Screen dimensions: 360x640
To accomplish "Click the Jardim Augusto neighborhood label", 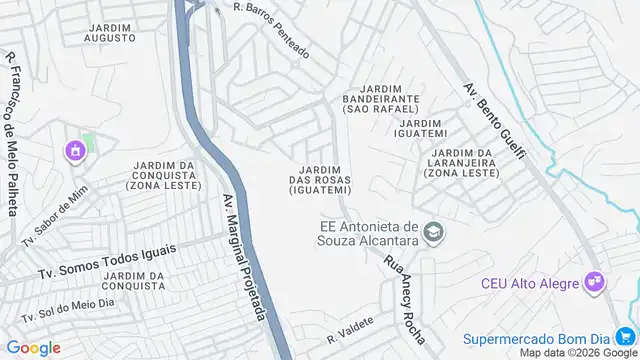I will click(x=110, y=31).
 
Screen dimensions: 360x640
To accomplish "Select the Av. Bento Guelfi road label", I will click(x=494, y=123).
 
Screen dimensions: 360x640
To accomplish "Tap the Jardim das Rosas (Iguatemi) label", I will click(x=320, y=179).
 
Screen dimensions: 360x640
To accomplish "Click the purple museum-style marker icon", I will click(x=73, y=152).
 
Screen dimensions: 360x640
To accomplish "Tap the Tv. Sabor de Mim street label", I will click(x=47, y=210).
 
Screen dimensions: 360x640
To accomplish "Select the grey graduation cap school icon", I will click(x=434, y=233).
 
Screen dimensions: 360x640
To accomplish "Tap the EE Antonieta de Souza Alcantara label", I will click(x=370, y=233).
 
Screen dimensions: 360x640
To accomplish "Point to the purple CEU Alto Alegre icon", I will click(x=596, y=283).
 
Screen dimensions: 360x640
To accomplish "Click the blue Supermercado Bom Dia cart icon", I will click(x=625, y=336).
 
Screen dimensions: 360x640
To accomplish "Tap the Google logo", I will click(x=33, y=347).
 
